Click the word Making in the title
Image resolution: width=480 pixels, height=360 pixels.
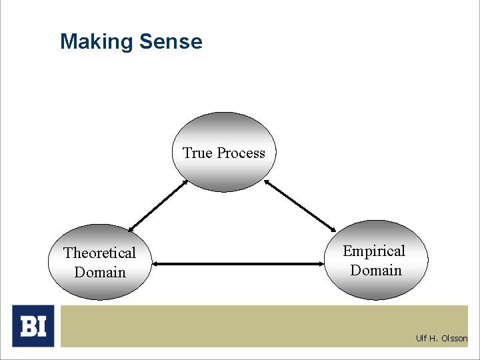pyautogui.click(x=97, y=42)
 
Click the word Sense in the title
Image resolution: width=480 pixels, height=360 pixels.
pyautogui.click(x=171, y=42)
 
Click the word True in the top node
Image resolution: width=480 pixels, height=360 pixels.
pyautogui.click(x=197, y=153)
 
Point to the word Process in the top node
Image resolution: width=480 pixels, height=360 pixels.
pyautogui.click(x=239, y=153)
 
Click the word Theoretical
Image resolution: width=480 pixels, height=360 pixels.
pyautogui.click(x=99, y=253)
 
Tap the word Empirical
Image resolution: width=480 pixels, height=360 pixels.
pyautogui.click(x=374, y=251)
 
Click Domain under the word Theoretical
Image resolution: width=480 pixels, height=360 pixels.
pyautogui.click(x=100, y=272)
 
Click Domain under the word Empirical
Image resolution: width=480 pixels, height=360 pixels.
pyautogui.click(x=376, y=271)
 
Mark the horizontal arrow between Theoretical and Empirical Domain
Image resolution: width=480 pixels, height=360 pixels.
pyautogui.click(x=239, y=264)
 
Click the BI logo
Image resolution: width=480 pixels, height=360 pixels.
pyautogui.click(x=33, y=326)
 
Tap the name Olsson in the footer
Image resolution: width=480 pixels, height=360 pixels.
pyautogui.click(x=454, y=339)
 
